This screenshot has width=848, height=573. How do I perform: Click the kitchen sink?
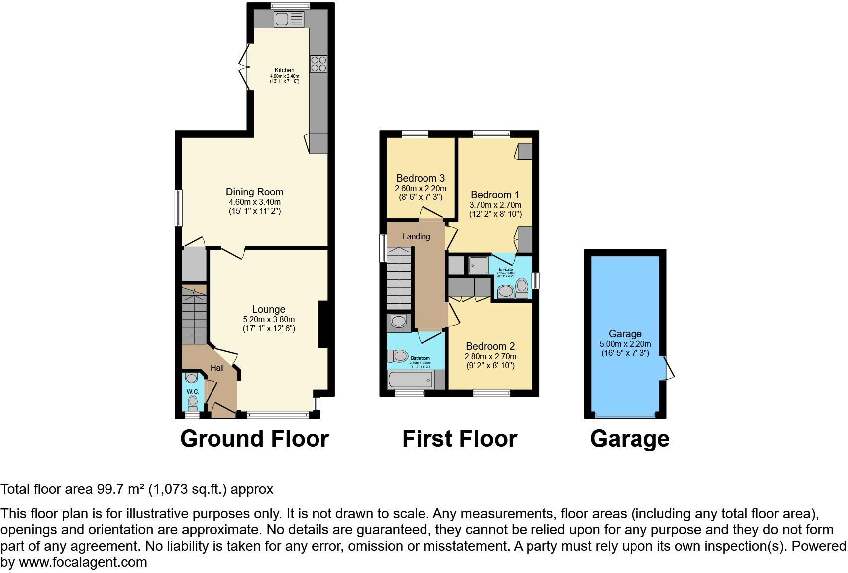click(x=289, y=19)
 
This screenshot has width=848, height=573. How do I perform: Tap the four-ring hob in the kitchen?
click(x=318, y=64)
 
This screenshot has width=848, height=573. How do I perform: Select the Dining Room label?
click(x=254, y=192)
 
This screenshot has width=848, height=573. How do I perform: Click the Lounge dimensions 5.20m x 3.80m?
click(x=269, y=319)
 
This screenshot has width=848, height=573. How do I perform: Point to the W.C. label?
click(x=193, y=392)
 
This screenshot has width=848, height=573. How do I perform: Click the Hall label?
click(x=217, y=368)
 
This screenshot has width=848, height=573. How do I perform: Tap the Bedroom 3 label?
click(x=421, y=178)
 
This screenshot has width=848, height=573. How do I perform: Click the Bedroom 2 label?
click(x=490, y=346)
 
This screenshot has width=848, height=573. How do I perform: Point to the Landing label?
click(x=416, y=237)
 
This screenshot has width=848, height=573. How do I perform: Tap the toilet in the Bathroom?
click(x=399, y=356)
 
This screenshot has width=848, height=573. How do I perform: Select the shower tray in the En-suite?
click(x=478, y=265)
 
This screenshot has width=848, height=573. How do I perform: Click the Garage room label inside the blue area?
click(x=625, y=334)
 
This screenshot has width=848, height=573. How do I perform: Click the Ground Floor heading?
click(x=254, y=439)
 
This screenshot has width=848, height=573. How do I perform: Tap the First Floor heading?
click(x=459, y=439)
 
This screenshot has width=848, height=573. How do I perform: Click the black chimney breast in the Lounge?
click(x=323, y=324)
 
